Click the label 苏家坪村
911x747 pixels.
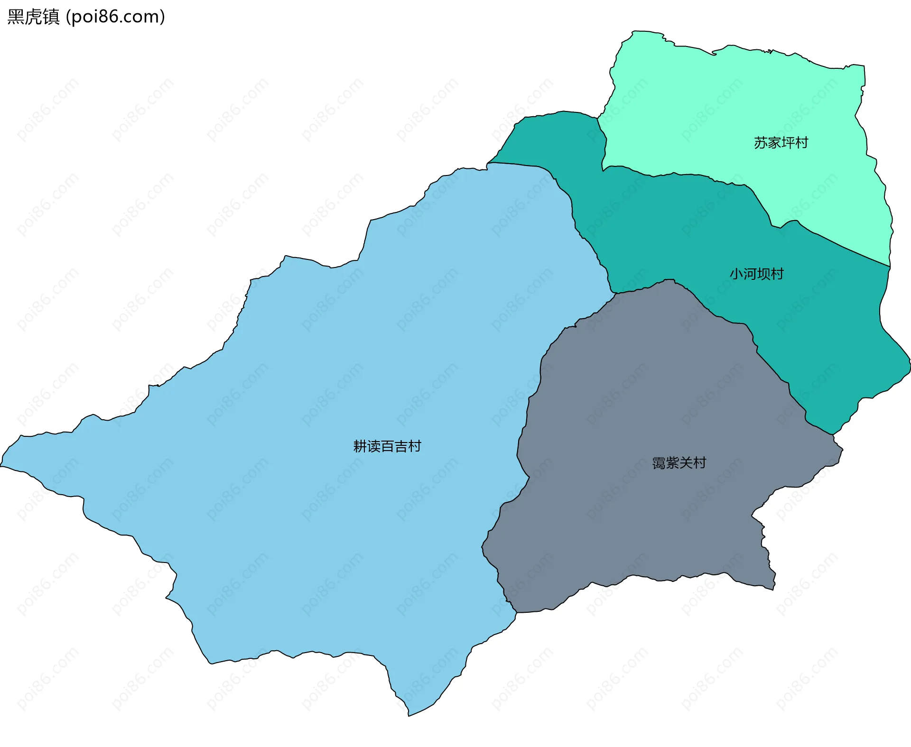coord(781,143)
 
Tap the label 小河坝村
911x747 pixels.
coord(756,274)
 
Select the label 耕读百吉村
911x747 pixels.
coord(387,446)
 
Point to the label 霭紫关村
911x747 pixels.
coord(679,463)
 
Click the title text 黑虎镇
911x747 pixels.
coord(33,17)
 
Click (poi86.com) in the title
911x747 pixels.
coord(115,17)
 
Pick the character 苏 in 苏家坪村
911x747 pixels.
coord(761,143)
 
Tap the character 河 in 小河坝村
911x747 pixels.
coord(750,274)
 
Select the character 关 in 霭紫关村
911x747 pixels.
coord(686,463)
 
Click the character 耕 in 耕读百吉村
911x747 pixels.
coord(360,446)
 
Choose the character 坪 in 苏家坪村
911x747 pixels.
coord(788,143)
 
